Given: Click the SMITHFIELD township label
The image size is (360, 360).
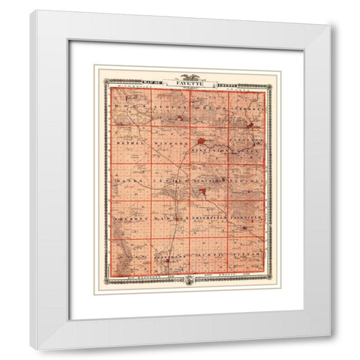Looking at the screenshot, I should [x=207, y=218].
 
